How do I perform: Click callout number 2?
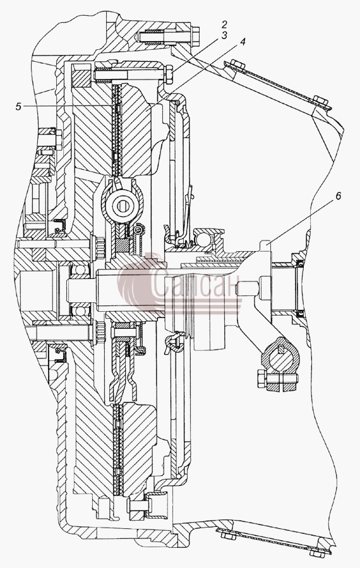(x=224, y=25)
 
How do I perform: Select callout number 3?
(x=224, y=35)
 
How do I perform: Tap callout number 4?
(x=242, y=42)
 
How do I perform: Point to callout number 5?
(x=18, y=107)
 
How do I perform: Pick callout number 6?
(x=339, y=196)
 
